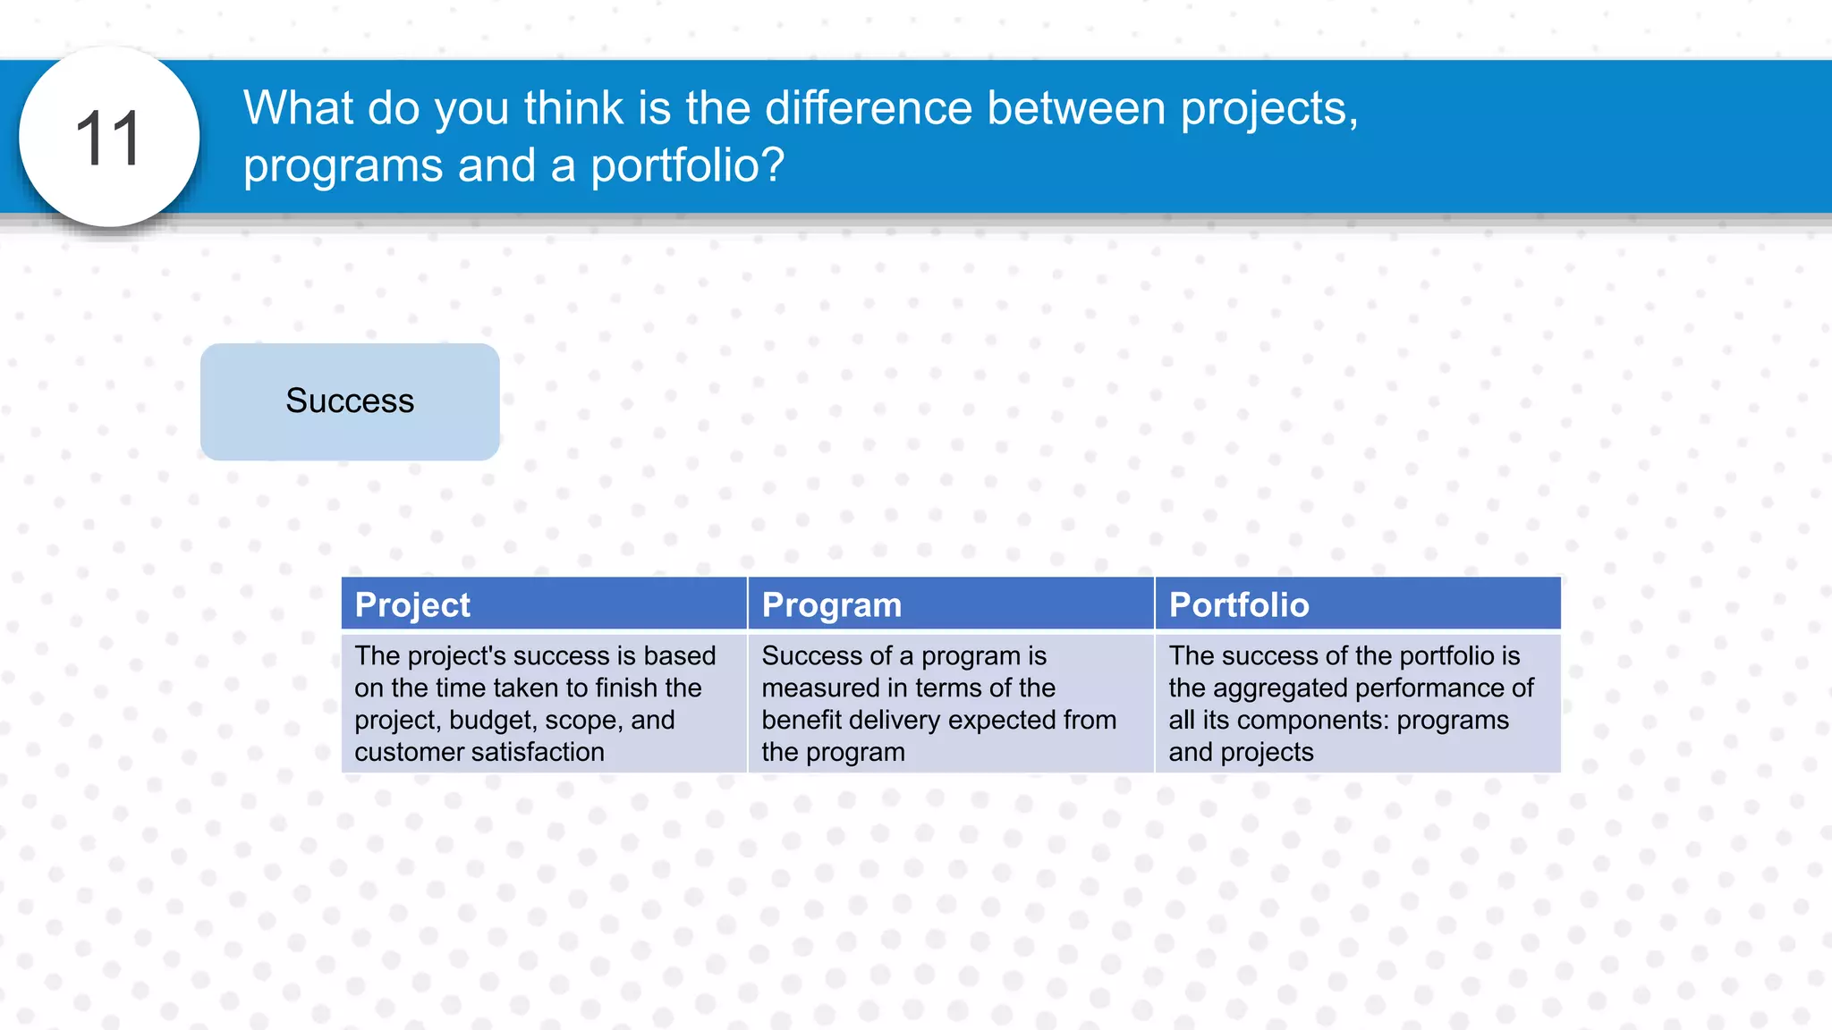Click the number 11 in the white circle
[108, 139]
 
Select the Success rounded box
[350, 401]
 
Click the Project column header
[412, 605]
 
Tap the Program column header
[831, 605]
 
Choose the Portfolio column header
[1239, 605]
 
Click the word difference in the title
[868, 108]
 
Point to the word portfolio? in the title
[687, 165]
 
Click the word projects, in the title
[1269, 110]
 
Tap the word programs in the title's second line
[343, 167]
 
